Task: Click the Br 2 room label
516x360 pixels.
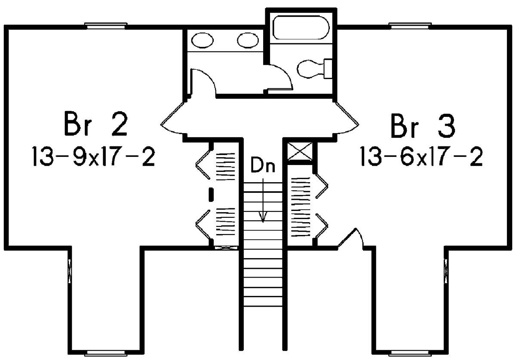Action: click(95, 125)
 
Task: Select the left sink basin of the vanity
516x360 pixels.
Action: click(202, 41)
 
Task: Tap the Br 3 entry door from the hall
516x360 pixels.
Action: click(347, 118)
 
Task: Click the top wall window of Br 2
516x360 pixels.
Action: click(106, 26)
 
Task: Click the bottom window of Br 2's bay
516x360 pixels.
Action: click(106, 353)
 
